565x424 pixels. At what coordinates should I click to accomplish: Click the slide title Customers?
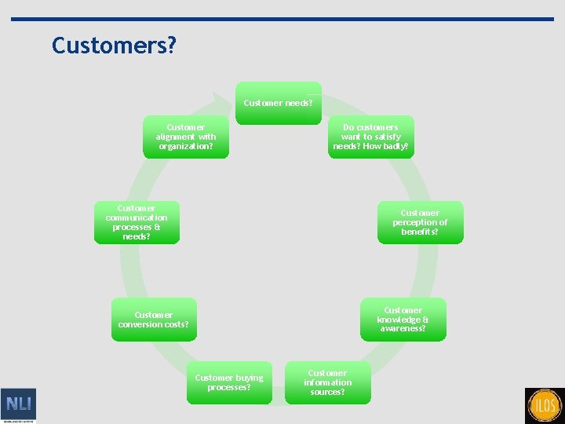coord(114,46)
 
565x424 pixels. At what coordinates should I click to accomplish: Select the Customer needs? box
coord(278,103)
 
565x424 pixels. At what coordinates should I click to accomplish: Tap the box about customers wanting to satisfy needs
coord(370,137)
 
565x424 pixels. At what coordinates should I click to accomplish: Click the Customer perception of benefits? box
coord(420,222)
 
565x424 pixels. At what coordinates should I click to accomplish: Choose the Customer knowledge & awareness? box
coord(403,320)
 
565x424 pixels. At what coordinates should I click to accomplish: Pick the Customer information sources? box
coord(327,382)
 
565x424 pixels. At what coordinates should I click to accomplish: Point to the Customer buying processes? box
coord(229,382)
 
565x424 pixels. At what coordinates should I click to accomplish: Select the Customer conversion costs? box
coord(154,320)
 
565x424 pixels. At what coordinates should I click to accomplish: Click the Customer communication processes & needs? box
coord(137,222)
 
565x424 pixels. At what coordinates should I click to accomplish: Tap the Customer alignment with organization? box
coord(186,137)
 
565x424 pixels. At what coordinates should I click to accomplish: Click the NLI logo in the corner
coord(18,405)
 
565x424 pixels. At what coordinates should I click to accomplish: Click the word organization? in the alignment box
coord(186,146)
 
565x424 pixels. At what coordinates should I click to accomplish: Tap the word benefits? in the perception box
coord(420,232)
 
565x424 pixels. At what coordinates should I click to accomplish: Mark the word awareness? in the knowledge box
coord(403,329)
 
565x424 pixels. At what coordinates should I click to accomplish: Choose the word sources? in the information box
coord(327,392)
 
